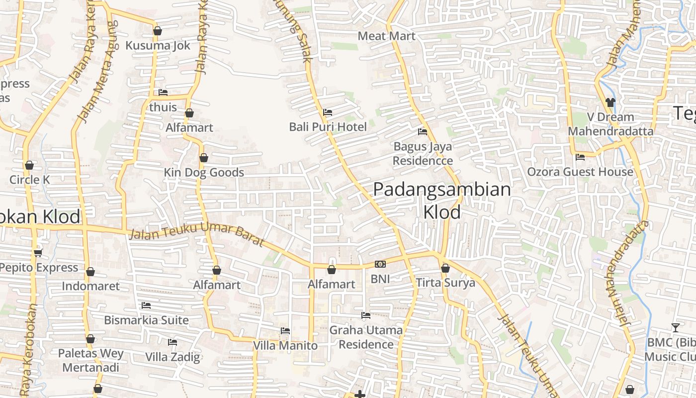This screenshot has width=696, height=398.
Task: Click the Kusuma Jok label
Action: pos(158,45)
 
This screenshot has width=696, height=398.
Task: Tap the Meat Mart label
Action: pos(386,36)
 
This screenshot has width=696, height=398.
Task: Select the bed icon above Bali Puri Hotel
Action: pos(328,112)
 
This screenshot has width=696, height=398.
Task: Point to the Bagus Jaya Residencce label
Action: pos(423,153)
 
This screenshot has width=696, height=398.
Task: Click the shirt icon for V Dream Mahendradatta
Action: pos(610,102)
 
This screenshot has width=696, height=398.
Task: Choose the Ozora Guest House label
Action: pos(580,172)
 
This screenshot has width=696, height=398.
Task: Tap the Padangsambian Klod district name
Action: pos(441,200)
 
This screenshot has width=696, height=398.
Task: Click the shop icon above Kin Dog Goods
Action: pos(203,158)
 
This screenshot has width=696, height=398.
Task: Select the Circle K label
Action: pos(30,180)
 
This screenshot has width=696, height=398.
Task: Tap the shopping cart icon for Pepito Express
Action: pos(38,253)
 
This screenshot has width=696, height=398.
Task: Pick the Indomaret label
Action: pos(90,286)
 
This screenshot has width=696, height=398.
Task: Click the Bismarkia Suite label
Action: pos(146,320)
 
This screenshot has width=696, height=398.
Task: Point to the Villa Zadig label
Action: pos(173,357)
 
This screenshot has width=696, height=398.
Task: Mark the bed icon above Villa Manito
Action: pos(285,330)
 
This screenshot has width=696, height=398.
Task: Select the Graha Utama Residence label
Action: pos(366,337)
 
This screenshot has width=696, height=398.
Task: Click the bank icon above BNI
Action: pos(380,264)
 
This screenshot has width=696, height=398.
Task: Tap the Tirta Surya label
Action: pos(445,283)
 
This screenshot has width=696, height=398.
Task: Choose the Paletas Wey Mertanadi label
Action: pos(90,360)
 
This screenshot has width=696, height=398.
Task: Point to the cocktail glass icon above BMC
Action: pos(675,327)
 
